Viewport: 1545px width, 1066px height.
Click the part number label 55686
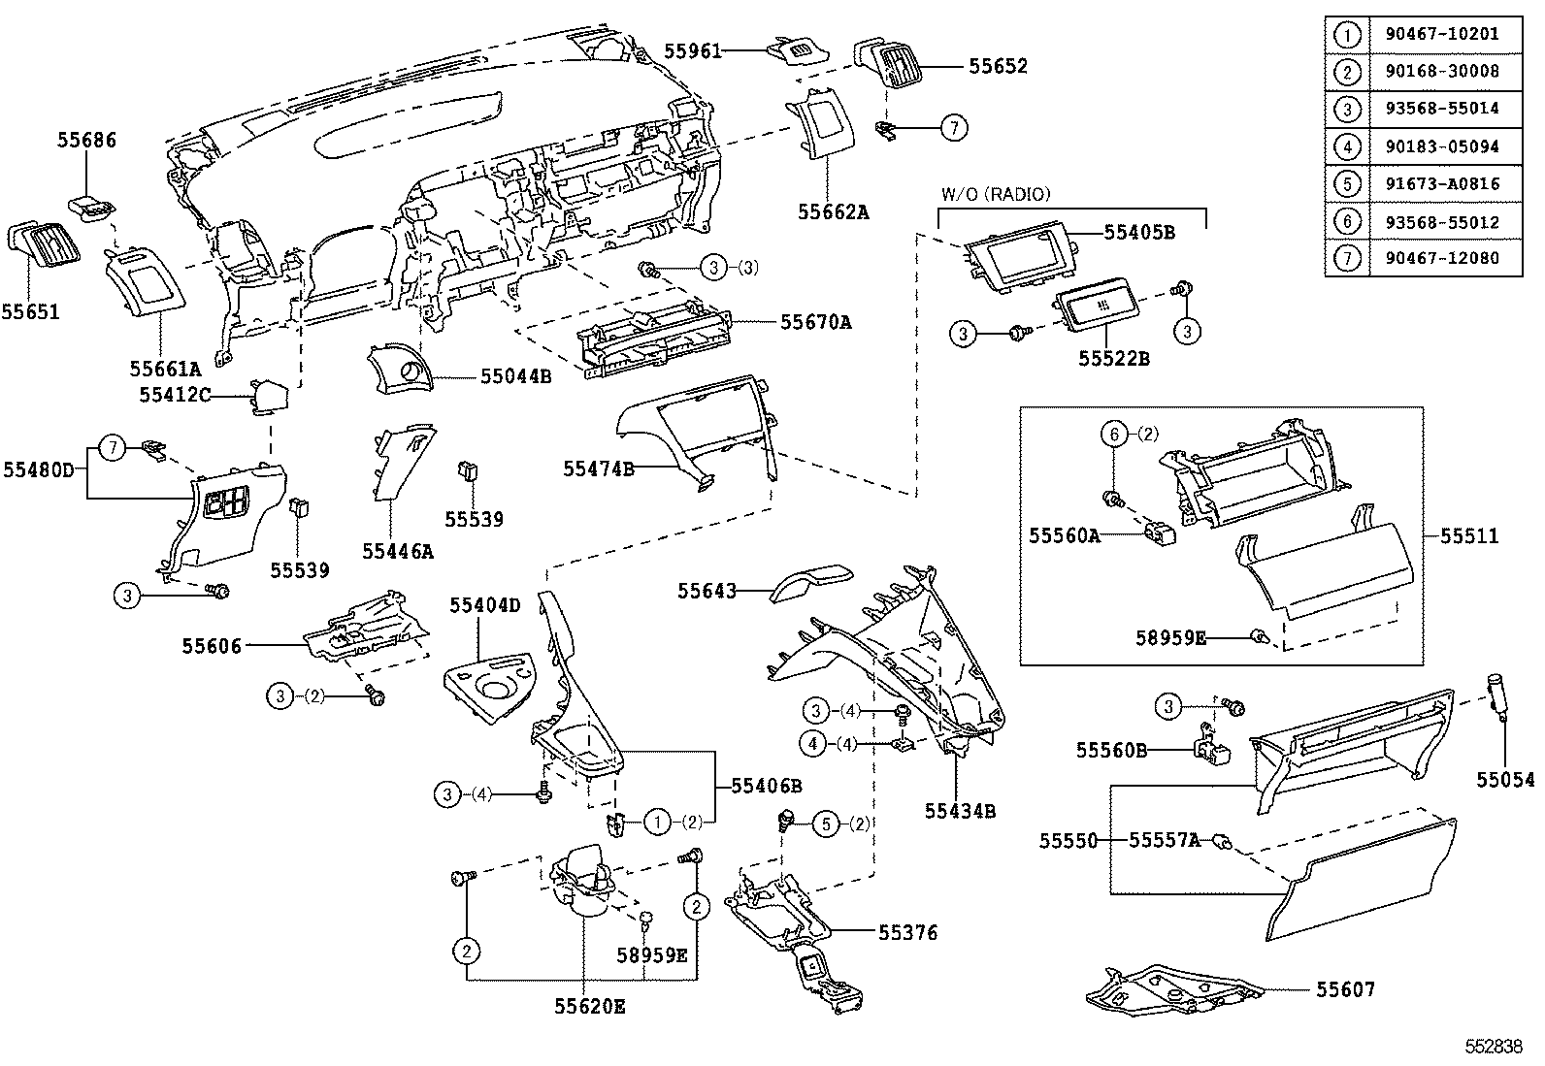pos(85,141)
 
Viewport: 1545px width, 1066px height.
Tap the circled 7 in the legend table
pos(1347,258)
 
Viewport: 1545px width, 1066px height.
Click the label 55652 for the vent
pos(998,66)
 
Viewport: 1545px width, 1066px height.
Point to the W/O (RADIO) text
pos(995,194)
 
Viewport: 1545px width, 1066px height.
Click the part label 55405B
pos(1139,233)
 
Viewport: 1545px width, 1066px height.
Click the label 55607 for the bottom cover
pos(1345,990)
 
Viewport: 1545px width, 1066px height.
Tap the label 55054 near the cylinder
pos(1506,780)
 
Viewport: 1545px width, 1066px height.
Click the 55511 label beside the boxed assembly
pos(1469,536)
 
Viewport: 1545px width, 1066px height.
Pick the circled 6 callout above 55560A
pos(1116,435)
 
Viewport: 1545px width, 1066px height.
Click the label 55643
pos(707,591)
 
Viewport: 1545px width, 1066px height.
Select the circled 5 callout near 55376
pos(824,824)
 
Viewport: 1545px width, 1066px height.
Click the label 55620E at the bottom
pos(589,1007)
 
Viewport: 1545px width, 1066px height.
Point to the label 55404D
pos(484,606)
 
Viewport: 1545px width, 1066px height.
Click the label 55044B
pos(515,375)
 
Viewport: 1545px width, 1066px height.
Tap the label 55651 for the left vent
pos(30,312)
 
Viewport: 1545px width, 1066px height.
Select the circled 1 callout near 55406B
pos(658,823)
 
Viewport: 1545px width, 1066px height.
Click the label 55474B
pos(599,469)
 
